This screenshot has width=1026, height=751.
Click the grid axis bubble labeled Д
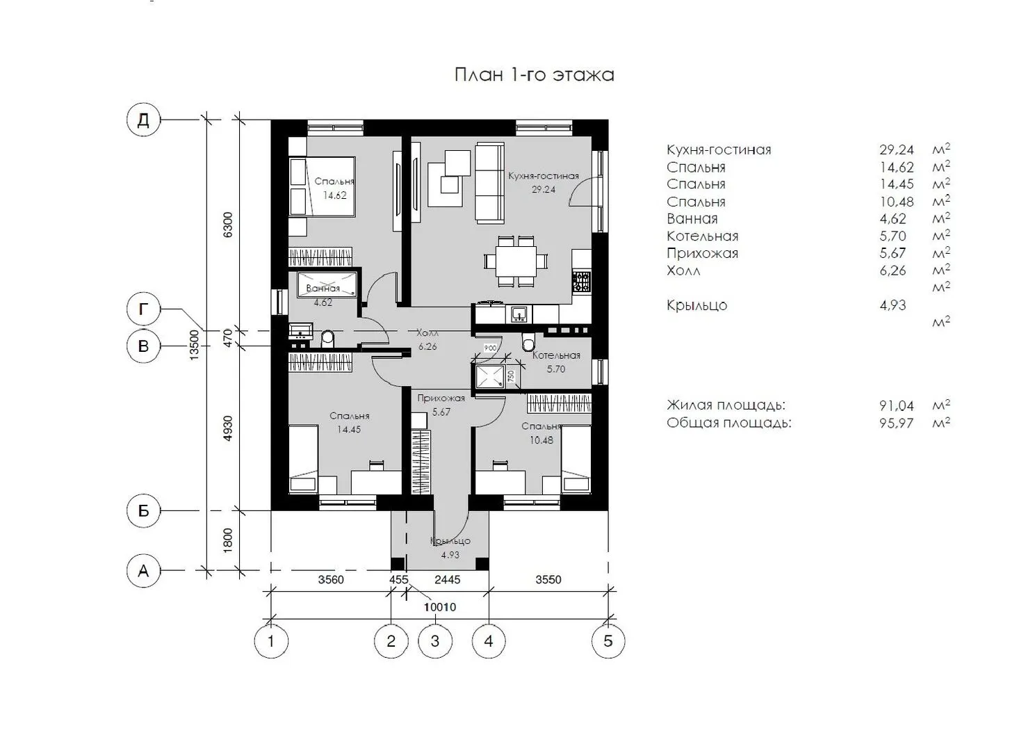click(143, 120)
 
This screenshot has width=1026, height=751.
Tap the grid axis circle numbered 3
click(435, 641)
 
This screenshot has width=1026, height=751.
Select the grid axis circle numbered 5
click(608, 641)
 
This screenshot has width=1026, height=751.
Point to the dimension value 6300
click(228, 225)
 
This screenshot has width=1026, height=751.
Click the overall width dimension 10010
click(440, 607)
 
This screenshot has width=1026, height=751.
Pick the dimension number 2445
click(447, 580)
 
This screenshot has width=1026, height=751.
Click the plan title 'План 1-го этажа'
click(534, 74)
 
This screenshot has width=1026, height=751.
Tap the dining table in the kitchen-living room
click(516, 261)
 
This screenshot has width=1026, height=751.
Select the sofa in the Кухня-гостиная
click(489, 183)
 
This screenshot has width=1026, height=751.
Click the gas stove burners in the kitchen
click(581, 281)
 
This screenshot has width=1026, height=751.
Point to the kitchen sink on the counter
click(519, 314)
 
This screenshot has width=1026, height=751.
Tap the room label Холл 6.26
click(427, 339)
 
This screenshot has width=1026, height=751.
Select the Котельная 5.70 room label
click(556, 362)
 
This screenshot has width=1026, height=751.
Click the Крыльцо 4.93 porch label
click(450, 548)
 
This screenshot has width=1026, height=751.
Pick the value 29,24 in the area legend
click(897, 150)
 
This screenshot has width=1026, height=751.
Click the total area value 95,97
click(897, 423)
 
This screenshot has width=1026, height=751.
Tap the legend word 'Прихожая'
click(702, 253)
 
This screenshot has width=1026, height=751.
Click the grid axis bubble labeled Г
click(143, 310)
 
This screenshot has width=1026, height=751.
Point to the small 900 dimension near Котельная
click(489, 348)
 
